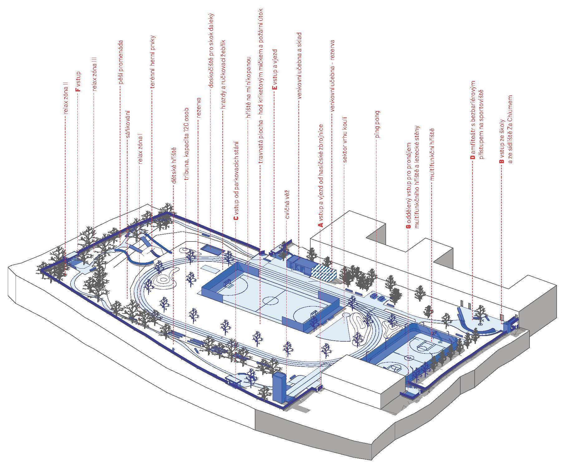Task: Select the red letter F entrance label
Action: (78, 89)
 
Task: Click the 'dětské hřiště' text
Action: (174, 165)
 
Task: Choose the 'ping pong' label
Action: (378, 124)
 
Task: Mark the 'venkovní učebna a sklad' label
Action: (299, 66)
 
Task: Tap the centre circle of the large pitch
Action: (270, 301)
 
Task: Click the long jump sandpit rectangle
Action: (212, 249)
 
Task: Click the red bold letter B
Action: (501, 161)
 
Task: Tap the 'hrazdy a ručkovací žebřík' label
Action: (223, 74)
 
